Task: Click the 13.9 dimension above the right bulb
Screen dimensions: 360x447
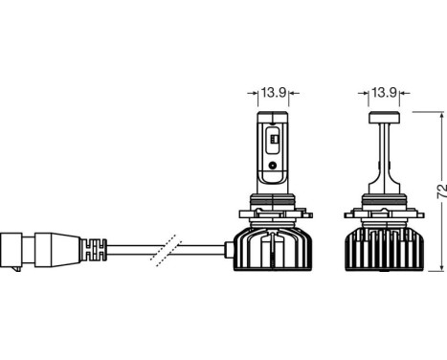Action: pyautogui.click(x=384, y=92)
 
